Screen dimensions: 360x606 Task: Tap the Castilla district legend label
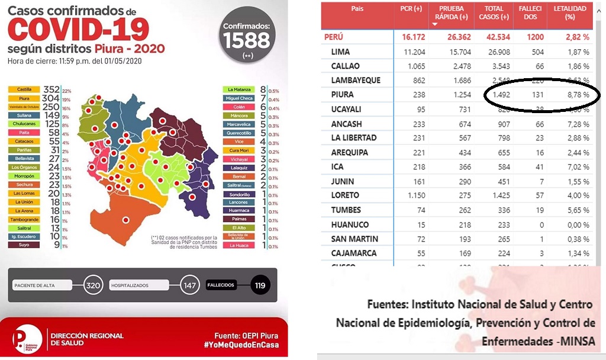tap(24, 90)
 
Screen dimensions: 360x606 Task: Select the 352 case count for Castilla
tap(52, 90)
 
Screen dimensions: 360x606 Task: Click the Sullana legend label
tap(24, 115)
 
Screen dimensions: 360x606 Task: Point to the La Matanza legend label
tap(239, 90)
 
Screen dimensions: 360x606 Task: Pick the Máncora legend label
tap(239, 115)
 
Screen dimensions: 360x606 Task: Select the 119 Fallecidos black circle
tap(260, 285)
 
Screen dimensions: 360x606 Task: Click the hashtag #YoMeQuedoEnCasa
tap(241, 345)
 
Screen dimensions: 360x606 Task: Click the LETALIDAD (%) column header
tap(569, 13)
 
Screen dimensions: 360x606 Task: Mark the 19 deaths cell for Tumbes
tap(539, 210)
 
